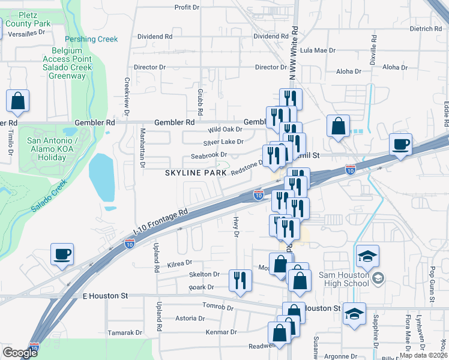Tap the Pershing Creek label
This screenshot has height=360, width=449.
pyautogui.click(x=92, y=39)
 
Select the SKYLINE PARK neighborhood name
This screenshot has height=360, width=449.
pyautogui.click(x=192, y=173)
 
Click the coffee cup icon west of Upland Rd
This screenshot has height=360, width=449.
pyautogui.click(x=62, y=254)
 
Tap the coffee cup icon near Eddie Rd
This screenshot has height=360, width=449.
pyautogui.click(x=400, y=145)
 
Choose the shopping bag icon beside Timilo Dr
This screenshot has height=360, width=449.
pyautogui.click(x=17, y=101)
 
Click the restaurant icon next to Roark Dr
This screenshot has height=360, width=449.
pyautogui.click(x=238, y=280)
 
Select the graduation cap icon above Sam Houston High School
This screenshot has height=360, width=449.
pyautogui.click(x=367, y=256)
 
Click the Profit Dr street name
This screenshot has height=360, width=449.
pyautogui.click(x=187, y=7)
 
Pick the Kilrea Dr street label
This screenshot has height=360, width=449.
pyautogui.click(x=179, y=262)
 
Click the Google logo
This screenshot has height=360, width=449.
pyautogui.click(x=20, y=353)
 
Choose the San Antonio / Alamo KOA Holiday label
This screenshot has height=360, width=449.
pyautogui.click(x=46, y=149)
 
